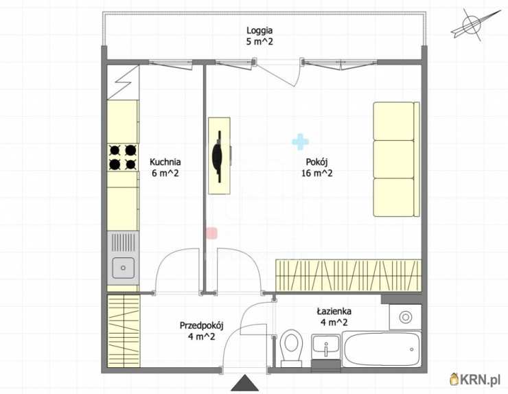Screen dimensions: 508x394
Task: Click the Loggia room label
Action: click(x=259, y=30)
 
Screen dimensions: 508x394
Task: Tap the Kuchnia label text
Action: click(x=165, y=162)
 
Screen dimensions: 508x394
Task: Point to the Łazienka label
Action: click(x=334, y=312)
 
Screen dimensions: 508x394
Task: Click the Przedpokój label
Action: click(x=202, y=325)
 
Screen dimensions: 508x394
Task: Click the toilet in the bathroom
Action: click(x=291, y=348)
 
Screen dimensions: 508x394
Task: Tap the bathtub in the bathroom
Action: click(x=382, y=349)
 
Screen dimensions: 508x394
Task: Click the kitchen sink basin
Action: click(x=123, y=268)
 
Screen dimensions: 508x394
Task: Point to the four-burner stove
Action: click(x=123, y=157)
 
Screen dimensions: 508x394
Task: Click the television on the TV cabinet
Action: click(x=219, y=157)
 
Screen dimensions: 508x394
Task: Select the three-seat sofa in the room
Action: click(x=397, y=159)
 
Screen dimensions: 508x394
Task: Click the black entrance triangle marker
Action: click(x=245, y=382)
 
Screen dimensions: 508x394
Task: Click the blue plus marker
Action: click(x=300, y=142)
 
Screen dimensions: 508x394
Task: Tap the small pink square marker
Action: click(x=211, y=233)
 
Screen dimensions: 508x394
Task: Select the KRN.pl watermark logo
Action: click(x=475, y=379)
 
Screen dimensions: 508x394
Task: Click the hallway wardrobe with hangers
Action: click(x=124, y=330)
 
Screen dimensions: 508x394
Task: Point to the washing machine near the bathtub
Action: click(x=405, y=317)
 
